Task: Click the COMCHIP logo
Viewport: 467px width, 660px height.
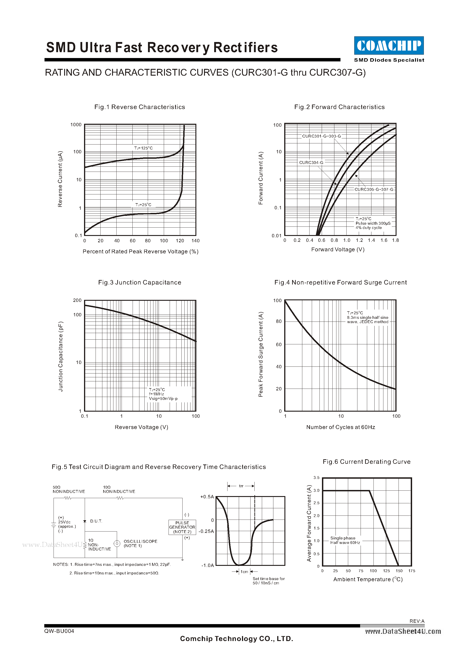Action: (389, 45)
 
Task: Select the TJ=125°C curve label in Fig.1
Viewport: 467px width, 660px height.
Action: (143, 148)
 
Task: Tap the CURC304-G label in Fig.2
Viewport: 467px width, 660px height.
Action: (311, 162)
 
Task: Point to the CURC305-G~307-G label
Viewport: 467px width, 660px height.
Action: (374, 189)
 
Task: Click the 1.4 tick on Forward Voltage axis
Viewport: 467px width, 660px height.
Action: (371, 240)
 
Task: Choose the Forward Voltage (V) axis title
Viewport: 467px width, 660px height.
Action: (338, 250)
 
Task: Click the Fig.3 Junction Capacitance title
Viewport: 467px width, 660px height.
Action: (140, 282)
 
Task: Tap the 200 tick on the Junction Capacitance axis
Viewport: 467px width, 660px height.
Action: (77, 300)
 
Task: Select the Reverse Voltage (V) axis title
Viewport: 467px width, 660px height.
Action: (141, 427)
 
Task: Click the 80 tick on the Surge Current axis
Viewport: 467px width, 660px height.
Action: (279, 321)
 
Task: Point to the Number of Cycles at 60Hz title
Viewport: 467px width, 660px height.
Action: (340, 427)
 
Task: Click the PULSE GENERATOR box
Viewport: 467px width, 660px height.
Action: (182, 527)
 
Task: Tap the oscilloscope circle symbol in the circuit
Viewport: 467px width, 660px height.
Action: (117, 543)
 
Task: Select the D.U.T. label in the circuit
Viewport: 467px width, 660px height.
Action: (96, 521)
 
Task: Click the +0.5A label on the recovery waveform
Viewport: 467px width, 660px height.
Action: (207, 497)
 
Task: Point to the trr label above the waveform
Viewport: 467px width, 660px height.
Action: (241, 486)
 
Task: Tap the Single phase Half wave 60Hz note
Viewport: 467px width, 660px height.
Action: (345, 540)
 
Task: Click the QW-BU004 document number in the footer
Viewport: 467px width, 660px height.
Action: (59, 631)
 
